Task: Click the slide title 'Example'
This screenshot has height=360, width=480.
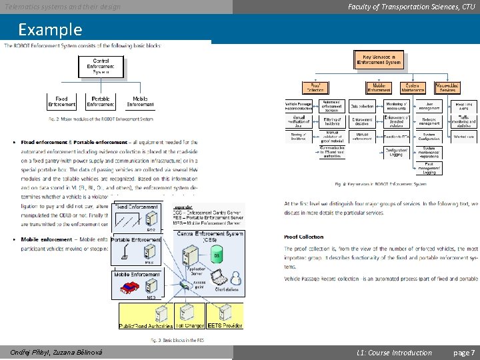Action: coord(50,30)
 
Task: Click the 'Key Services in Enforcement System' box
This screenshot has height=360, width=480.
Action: coord(378,59)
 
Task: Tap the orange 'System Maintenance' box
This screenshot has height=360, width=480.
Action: coord(413,88)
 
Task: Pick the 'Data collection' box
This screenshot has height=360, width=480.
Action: coord(362,105)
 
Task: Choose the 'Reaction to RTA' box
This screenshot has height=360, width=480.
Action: coord(396,136)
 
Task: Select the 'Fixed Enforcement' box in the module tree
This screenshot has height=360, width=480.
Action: coord(61,101)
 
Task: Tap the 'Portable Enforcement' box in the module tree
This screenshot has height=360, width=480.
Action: coord(100,101)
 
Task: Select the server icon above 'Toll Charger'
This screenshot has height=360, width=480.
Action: coord(191,313)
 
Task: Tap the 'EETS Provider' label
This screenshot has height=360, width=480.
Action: coord(225,326)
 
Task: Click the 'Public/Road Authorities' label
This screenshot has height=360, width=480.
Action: coord(145,326)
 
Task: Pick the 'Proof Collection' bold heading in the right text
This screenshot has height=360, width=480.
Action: coord(303,237)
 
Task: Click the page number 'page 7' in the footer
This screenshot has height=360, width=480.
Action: coord(463,353)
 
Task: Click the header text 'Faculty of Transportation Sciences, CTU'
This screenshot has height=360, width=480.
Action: coord(411,7)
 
